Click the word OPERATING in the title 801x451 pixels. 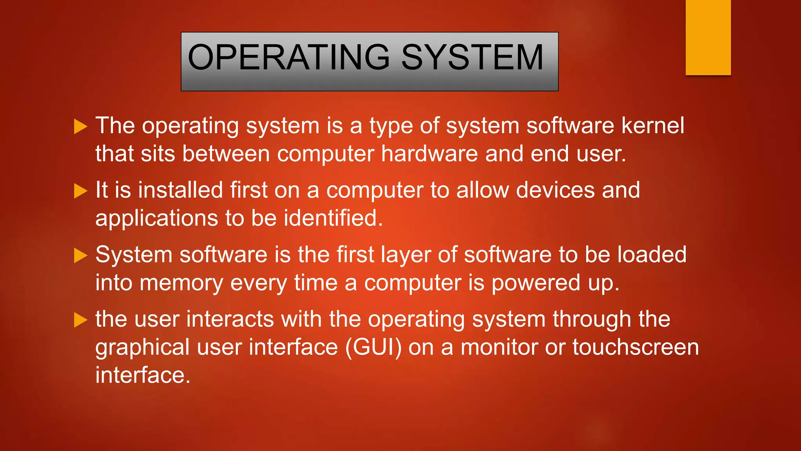coord(289,58)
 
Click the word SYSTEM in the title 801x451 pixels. coord(472,58)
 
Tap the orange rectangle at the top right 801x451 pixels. coord(708,37)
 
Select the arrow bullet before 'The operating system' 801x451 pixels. coord(81,126)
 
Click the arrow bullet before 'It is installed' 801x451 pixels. coord(81,191)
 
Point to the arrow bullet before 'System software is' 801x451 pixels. coord(81,256)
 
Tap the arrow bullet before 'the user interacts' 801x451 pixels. coord(81,320)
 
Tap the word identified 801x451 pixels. coord(333,218)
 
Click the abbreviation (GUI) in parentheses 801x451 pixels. coord(374,348)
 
